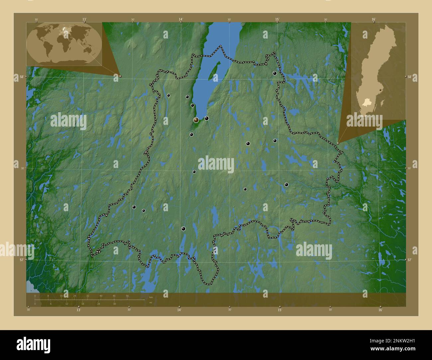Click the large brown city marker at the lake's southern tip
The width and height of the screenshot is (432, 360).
coord(196,120)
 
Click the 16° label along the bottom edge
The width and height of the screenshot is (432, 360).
coord(380,310)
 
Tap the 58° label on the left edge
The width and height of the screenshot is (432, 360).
coord(21,77)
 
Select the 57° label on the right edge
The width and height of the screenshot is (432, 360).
coord(410,260)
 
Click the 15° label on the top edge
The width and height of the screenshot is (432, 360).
coord(277,20)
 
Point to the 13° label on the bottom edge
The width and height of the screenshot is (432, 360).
coord(79,310)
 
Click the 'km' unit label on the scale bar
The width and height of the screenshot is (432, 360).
coord(151,297)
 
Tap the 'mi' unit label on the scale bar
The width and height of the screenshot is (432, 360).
coord(151,303)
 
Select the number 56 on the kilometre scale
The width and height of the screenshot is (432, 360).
coord(127,296)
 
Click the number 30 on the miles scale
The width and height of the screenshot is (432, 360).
coord(114,304)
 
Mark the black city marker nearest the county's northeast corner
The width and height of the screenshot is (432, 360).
coord(275,73)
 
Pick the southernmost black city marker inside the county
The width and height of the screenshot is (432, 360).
coord(183,228)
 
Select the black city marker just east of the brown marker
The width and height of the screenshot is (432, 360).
coord(206,118)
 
